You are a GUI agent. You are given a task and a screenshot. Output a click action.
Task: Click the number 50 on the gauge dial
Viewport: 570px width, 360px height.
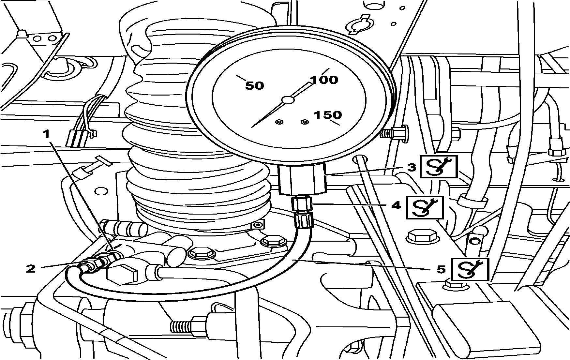tap(254, 86)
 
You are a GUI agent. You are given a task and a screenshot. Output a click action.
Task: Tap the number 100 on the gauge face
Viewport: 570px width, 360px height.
tap(324, 80)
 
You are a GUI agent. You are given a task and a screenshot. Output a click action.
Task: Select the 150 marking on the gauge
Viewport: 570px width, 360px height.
tap(328, 115)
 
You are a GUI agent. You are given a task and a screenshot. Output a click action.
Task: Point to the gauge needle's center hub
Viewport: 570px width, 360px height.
tap(288, 100)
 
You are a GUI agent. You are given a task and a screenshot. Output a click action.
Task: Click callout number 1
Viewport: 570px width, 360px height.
tap(47, 134)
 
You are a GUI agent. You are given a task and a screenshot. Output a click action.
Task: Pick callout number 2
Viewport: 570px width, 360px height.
tap(31, 268)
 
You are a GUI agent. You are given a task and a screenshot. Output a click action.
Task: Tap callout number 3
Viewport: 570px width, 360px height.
tap(412, 167)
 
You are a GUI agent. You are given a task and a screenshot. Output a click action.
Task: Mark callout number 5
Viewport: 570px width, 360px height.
tap(441, 269)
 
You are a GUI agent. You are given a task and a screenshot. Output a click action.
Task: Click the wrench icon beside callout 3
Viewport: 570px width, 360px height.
tap(438, 166)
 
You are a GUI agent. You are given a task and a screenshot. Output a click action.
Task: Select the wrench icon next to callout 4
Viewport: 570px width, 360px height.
tap(424, 207)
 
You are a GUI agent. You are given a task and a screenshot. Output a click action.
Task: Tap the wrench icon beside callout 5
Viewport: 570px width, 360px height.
tap(470, 269)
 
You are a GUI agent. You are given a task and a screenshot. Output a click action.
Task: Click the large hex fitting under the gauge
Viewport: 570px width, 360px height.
tap(302, 179)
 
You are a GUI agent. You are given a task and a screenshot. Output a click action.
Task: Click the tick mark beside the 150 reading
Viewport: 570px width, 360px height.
tap(336, 123)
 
